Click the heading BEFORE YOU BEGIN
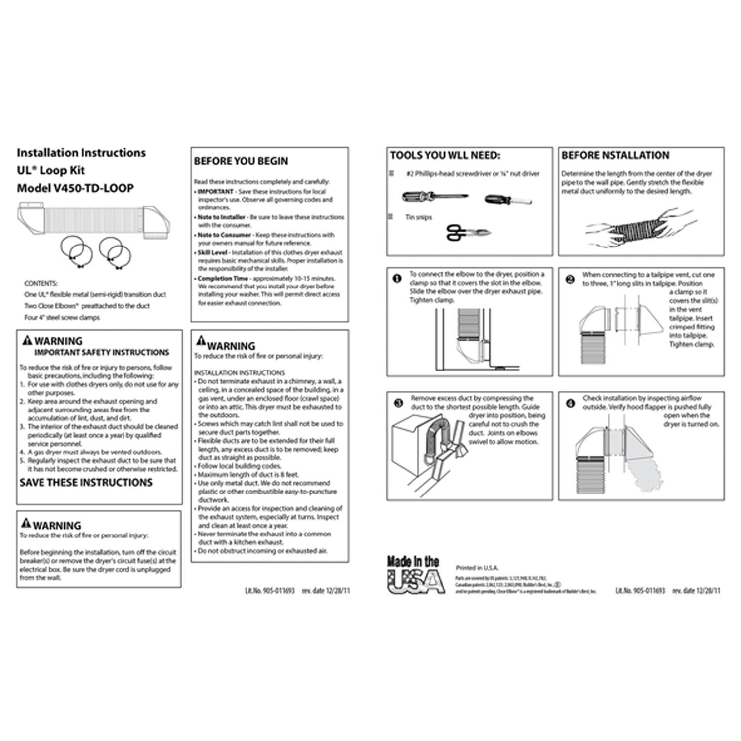[241, 161]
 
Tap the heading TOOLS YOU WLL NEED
[445, 156]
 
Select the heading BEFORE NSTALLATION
[615, 156]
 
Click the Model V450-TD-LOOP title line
[75, 188]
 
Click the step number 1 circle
[396, 278]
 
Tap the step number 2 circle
[570, 279]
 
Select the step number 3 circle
[398, 403]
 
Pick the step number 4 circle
[570, 403]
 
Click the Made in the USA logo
[415, 575]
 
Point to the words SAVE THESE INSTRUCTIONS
[86, 483]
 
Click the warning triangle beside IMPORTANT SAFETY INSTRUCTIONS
[27, 340]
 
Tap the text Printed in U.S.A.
[477, 568]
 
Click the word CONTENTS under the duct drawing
[41, 284]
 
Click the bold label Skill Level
[212, 252]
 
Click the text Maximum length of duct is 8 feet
[248, 475]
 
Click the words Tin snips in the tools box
[418, 217]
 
